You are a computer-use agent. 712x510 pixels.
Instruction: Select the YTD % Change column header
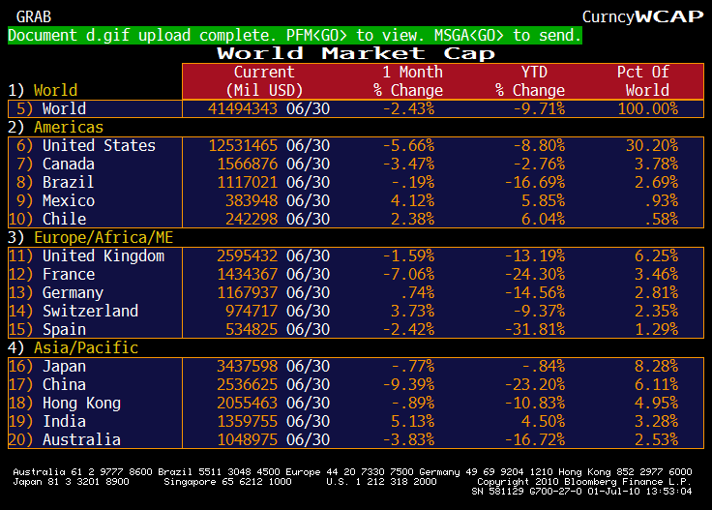point(527,81)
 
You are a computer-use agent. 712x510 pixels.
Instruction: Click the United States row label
point(99,145)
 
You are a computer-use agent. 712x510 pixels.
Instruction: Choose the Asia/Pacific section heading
point(86,347)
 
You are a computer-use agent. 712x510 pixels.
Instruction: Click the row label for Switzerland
point(90,311)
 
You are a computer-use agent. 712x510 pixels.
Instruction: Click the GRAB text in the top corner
point(34,16)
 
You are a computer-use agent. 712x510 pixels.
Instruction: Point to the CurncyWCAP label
point(640,16)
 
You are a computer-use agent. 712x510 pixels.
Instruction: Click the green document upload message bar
point(295,35)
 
